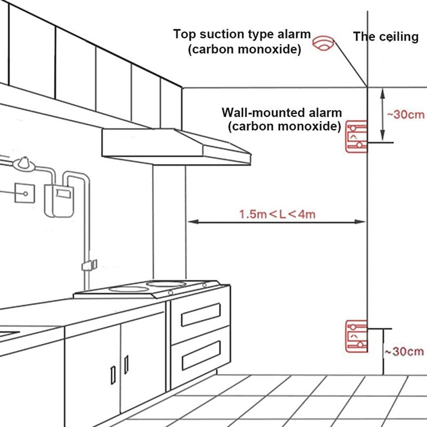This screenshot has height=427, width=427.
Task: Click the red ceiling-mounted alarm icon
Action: click(x=322, y=43)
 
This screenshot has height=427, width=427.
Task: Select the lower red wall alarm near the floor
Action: click(x=356, y=336)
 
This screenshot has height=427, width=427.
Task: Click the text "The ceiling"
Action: click(x=386, y=37)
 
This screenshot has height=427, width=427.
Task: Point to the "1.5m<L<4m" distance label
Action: click(x=277, y=215)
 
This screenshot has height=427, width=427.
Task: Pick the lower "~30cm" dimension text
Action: click(x=404, y=351)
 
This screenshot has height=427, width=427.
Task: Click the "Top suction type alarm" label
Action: click(x=242, y=34)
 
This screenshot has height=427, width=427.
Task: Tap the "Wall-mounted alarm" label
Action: click(x=281, y=113)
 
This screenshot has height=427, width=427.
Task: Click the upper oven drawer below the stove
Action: click(x=201, y=315)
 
